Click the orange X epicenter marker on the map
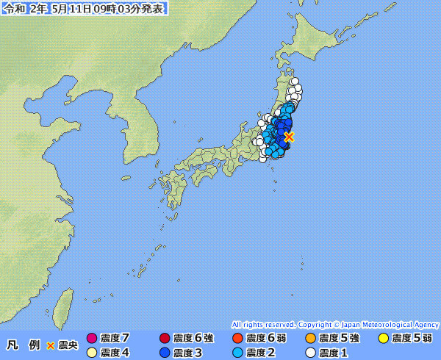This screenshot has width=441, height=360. (x=289, y=137)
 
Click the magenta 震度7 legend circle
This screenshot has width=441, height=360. (x=92, y=339)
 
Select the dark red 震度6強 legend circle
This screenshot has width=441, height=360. (x=165, y=339)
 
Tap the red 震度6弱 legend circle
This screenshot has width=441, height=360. (x=237, y=339)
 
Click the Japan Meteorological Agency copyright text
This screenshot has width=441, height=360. (x=335, y=324)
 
